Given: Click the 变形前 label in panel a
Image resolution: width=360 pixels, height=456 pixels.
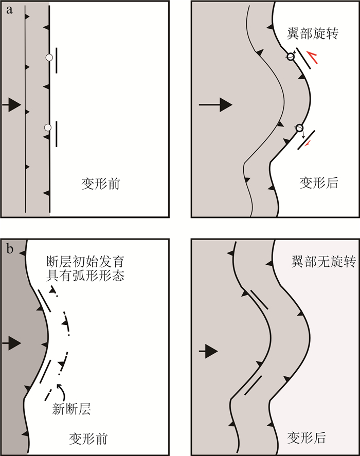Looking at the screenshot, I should point(101,184).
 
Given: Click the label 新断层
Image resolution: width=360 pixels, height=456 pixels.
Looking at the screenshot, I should point(72,409).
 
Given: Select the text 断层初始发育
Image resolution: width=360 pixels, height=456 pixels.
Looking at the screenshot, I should point(85,262).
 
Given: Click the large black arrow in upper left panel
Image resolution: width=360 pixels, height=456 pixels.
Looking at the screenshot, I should point(12,105).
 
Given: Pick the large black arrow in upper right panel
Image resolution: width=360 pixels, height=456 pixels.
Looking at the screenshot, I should point(215,105).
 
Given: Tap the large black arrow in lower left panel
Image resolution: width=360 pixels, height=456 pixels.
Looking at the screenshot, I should point(12,343).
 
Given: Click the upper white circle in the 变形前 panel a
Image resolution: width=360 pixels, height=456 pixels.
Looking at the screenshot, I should point(49,58).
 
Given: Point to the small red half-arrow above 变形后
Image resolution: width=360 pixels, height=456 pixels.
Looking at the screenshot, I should point(308,144).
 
